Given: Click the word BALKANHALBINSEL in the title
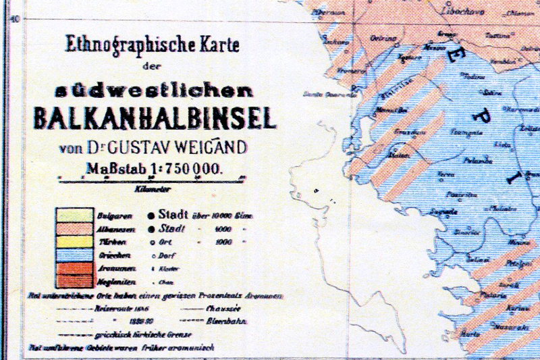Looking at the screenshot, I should tap(155, 118).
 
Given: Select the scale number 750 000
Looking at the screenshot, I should tap(194, 169).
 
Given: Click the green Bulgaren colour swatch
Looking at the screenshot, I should tap(74, 215).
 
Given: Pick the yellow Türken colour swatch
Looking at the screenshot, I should tap(74, 241).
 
